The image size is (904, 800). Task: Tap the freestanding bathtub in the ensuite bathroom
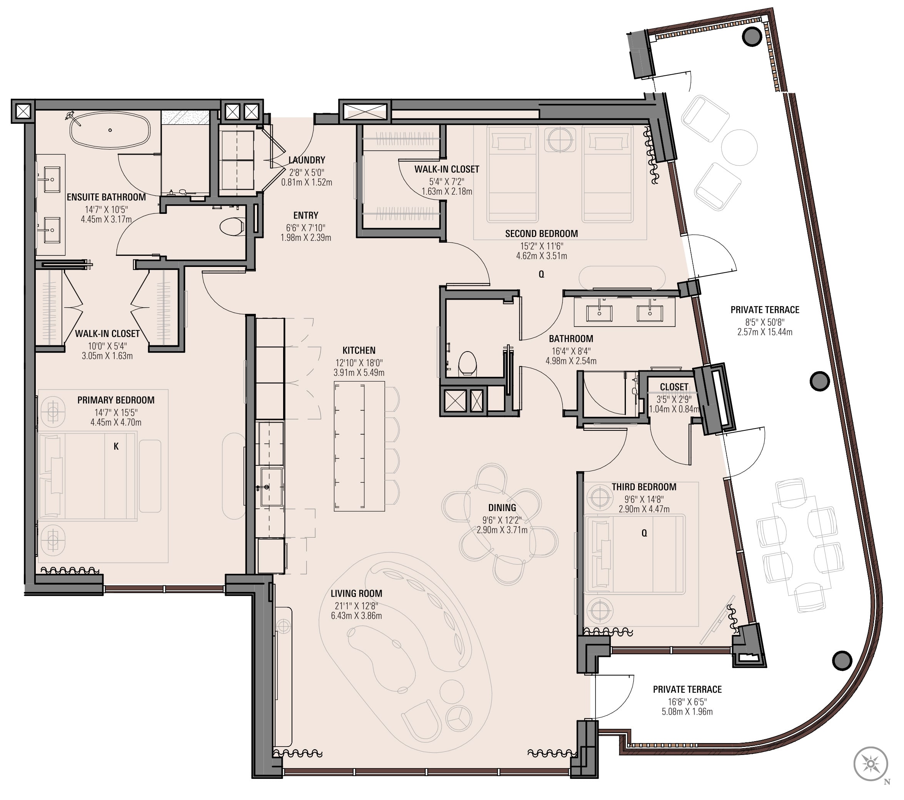(110, 130)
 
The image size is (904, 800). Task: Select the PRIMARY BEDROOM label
(116, 400)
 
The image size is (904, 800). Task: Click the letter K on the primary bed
(116, 446)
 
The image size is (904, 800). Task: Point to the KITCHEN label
(359, 350)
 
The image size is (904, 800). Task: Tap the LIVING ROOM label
(357, 593)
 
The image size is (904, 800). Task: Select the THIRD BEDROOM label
(644, 487)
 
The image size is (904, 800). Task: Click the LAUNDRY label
(307, 160)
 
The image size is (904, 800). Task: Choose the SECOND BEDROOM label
(541, 233)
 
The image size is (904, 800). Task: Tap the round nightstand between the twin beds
(560, 140)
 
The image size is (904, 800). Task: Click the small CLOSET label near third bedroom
(674, 387)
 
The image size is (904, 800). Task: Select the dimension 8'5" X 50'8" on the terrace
(765, 322)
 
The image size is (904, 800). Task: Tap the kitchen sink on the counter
(271, 487)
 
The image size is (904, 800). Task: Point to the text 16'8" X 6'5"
(687, 702)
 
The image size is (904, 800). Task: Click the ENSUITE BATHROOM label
(106, 197)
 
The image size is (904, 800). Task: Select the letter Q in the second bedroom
(541, 275)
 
